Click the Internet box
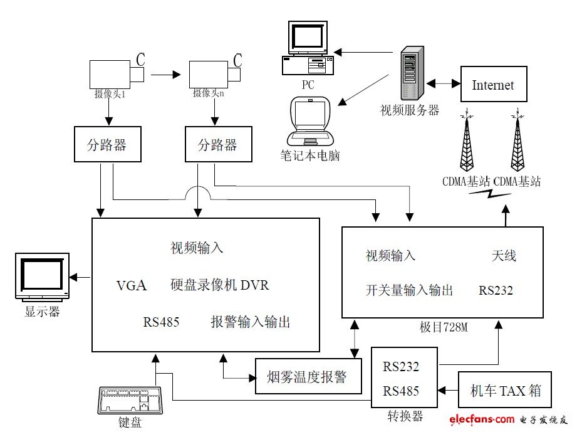(493, 85)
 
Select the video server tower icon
(409, 73)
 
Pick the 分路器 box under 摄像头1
(105, 145)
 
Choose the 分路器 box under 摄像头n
(217, 145)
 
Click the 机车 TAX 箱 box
(504, 391)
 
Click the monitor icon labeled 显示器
(43, 278)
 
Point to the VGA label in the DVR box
(132, 286)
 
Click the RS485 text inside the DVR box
(161, 323)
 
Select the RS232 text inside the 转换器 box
(401, 367)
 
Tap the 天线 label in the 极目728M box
(504, 256)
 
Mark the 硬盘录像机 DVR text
(219, 286)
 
